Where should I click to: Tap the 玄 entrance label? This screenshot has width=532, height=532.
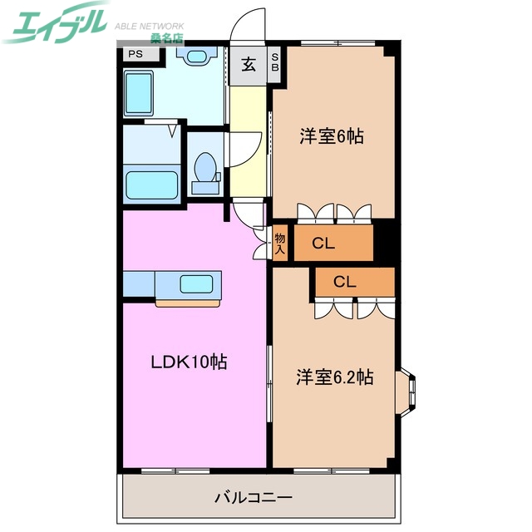(x=248, y=66)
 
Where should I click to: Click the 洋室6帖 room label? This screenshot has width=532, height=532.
(x=332, y=136)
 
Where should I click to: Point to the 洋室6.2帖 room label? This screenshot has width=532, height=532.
(x=335, y=377)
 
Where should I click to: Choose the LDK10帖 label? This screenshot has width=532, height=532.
(x=189, y=362)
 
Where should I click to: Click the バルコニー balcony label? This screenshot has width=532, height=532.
(x=254, y=498)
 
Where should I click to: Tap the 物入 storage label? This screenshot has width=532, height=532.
(x=280, y=243)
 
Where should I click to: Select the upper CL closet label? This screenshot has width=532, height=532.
(x=323, y=244)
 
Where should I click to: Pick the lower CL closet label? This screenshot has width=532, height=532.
(x=345, y=282)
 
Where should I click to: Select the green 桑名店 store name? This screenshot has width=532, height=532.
(x=166, y=39)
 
